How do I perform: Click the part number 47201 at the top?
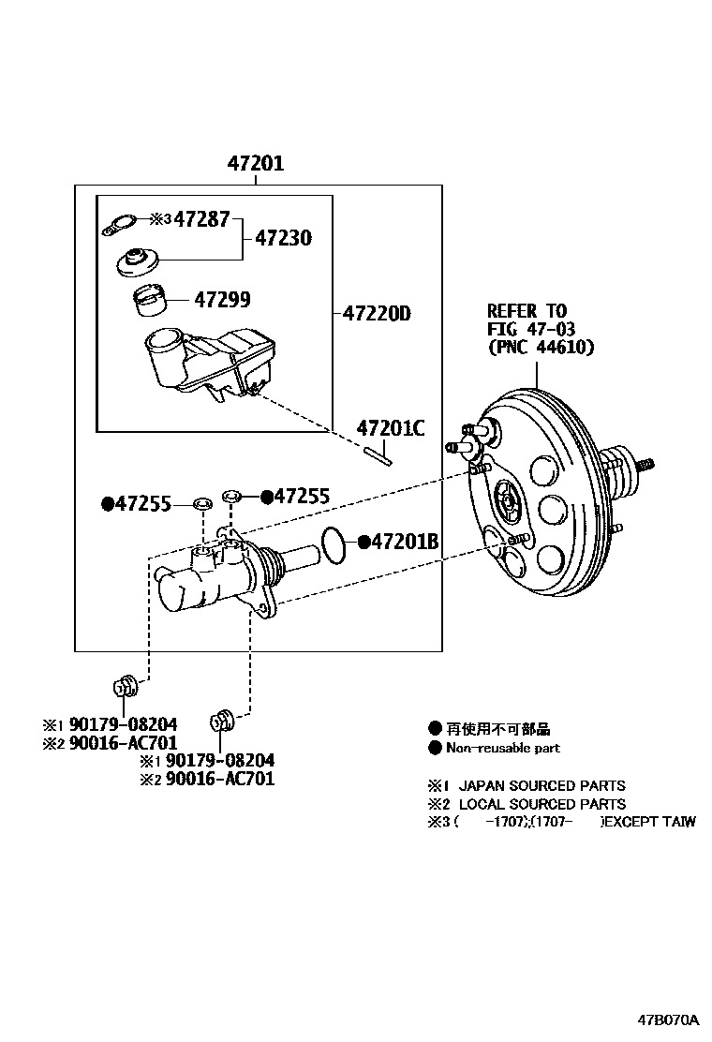pyautogui.click(x=255, y=164)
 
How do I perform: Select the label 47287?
pyautogui.click(x=201, y=220)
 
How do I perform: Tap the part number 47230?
pyautogui.click(x=284, y=238)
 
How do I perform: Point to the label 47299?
pyautogui.click(x=222, y=300)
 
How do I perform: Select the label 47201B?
pyautogui.click(x=406, y=542)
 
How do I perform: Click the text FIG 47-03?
pyautogui.click(x=530, y=329)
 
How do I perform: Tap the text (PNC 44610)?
pyautogui.click(x=541, y=347)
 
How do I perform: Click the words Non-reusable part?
pyautogui.click(x=503, y=748)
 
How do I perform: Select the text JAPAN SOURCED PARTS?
pyautogui.click(x=541, y=785)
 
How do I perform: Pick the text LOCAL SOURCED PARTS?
pyautogui.click(x=541, y=804)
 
